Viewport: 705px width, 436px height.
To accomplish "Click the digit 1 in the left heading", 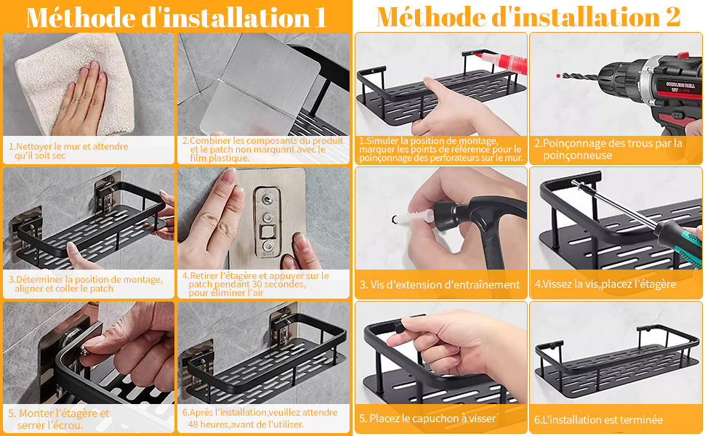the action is coord(320,17).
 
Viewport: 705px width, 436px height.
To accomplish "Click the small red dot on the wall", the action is coord(558,76).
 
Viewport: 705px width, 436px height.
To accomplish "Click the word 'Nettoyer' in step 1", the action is coord(33,146).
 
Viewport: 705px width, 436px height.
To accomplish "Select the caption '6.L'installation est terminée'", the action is coord(598,420).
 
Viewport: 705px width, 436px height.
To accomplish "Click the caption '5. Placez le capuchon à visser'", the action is coord(427,419).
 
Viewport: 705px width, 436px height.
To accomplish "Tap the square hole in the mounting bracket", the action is coord(267,233).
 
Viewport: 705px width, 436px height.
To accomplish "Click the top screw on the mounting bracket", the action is coord(267,199).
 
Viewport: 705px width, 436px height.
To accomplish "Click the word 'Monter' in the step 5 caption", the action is coord(33,413).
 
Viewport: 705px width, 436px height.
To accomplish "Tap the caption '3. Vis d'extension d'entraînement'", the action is coord(439,285).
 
